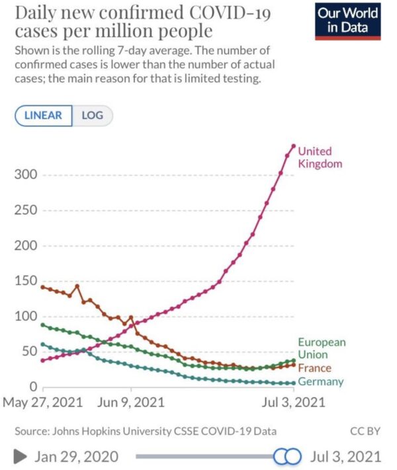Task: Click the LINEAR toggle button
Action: [x=43, y=115]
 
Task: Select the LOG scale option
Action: [x=93, y=115]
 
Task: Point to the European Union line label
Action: [x=322, y=348]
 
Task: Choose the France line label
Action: [x=314, y=368]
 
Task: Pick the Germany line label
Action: [x=322, y=382]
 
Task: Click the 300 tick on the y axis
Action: [x=25, y=175]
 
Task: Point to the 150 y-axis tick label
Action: [x=25, y=281]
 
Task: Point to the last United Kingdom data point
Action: [x=294, y=146]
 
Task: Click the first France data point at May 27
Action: [x=43, y=287]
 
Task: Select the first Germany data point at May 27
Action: [x=43, y=344]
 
